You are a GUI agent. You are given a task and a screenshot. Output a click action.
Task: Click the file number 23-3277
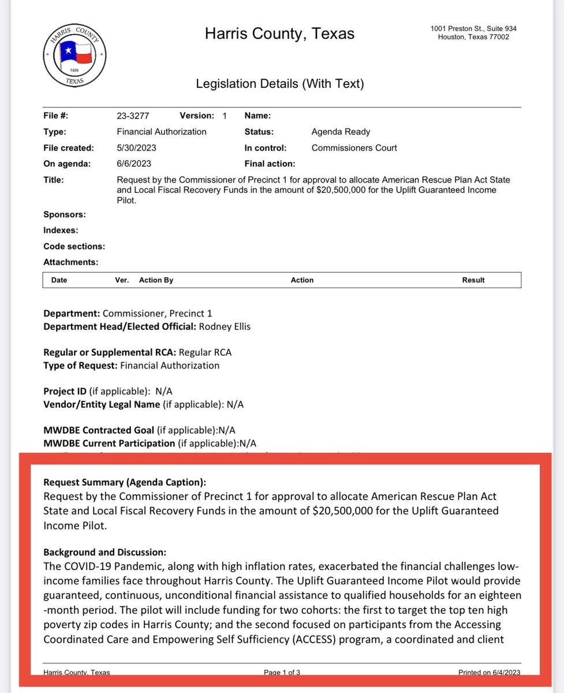133,115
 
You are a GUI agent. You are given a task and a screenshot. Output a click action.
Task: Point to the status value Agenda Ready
341,132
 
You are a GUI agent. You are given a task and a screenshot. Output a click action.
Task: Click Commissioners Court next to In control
354,148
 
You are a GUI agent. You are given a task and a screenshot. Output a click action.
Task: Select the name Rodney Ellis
225,327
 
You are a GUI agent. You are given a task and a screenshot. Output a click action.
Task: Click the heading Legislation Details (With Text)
280,84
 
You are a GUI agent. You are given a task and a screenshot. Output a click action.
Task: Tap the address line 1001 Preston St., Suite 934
473,29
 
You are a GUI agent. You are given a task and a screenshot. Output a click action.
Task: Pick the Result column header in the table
473,280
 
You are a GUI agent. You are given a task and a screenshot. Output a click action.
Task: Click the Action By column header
156,280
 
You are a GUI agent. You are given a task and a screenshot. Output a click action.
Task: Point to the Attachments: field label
70,262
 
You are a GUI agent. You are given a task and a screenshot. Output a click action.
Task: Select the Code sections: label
74,246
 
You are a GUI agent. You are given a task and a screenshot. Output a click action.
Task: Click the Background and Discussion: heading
104,552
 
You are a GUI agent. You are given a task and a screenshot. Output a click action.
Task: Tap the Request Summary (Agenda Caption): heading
125,482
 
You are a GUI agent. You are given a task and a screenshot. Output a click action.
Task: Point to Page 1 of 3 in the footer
282,672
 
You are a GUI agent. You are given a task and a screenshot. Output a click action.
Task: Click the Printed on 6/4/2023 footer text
489,672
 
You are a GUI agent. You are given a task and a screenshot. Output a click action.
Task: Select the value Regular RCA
205,352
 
